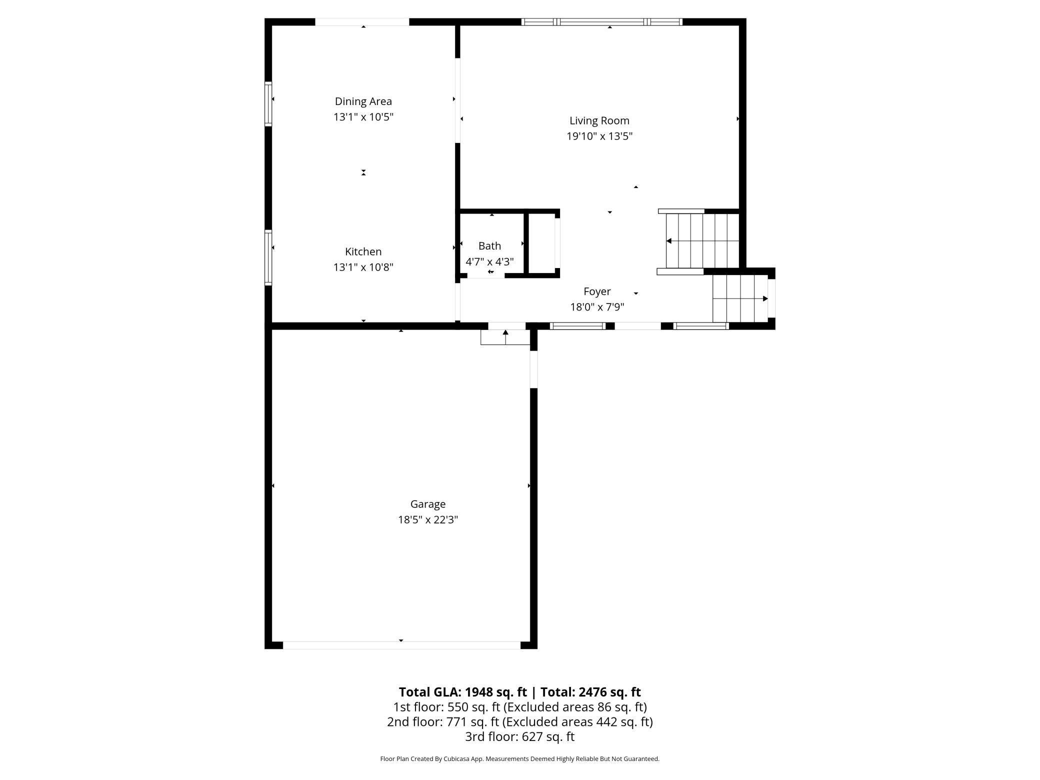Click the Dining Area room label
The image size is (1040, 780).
[363, 101]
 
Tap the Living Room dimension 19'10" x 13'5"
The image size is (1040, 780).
[599, 136]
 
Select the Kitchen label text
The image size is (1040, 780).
[363, 251]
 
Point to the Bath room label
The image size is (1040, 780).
[489, 246]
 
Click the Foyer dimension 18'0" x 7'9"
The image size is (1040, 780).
[597, 307]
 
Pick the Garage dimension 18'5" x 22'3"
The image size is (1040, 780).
[427, 519]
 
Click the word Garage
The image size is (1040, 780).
[427, 504]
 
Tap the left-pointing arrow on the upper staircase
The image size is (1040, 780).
[669, 241]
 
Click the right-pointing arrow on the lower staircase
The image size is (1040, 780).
[765, 298]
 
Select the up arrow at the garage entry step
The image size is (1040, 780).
[505, 332]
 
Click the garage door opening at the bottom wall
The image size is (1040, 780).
[401, 645]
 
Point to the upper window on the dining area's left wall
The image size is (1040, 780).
[268, 103]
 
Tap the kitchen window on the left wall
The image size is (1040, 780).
[268, 257]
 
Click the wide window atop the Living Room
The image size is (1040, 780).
[601, 22]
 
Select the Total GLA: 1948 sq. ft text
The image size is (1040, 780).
[462, 692]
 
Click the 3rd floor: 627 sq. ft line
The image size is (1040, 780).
[519, 736]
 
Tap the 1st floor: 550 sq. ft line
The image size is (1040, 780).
[519, 707]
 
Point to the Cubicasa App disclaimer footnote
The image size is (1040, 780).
[519, 759]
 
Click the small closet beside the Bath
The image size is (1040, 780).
[542, 243]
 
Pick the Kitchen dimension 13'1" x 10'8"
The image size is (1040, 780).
[363, 267]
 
